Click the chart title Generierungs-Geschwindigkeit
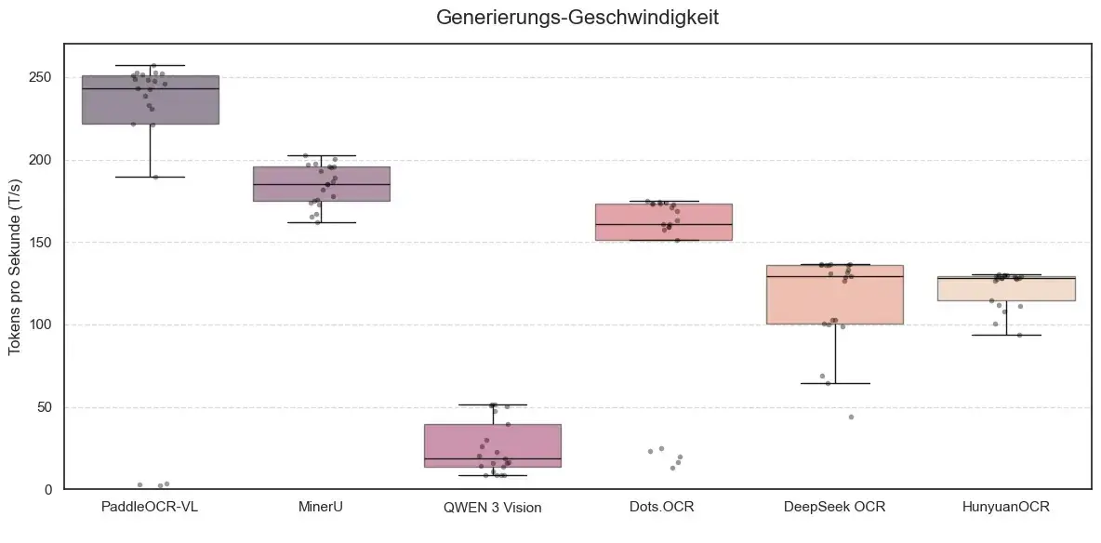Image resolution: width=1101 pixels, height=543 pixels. tap(577, 18)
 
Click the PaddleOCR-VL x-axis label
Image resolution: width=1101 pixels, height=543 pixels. tap(150, 507)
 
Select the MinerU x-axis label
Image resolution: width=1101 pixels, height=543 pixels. tap(321, 507)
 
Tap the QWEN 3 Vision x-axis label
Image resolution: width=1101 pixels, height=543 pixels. tap(492, 507)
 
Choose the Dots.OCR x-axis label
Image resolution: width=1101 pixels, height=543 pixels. tap(663, 507)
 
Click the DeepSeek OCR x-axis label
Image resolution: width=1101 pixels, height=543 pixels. tap(834, 507)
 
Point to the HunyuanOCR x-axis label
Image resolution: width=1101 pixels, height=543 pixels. tap(1005, 507)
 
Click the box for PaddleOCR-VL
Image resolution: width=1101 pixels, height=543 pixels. tap(150, 102)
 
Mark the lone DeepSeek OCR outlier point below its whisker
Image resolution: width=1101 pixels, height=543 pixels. tap(850, 417)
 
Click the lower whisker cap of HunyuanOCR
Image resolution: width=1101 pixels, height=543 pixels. tap(1005, 335)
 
